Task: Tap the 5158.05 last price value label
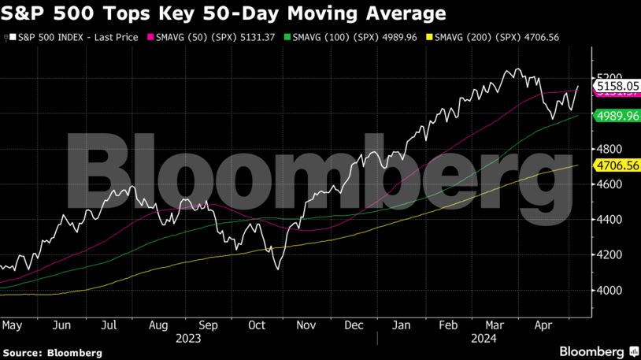click(x=617, y=84)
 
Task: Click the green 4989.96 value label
click(x=617, y=116)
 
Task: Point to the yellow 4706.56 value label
click(x=617, y=165)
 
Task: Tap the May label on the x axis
click(x=12, y=324)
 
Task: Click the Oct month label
click(x=258, y=324)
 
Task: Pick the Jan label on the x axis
click(x=401, y=324)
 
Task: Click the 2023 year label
click(x=189, y=339)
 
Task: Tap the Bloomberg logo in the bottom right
click(x=598, y=350)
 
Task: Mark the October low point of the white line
click(x=277, y=269)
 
